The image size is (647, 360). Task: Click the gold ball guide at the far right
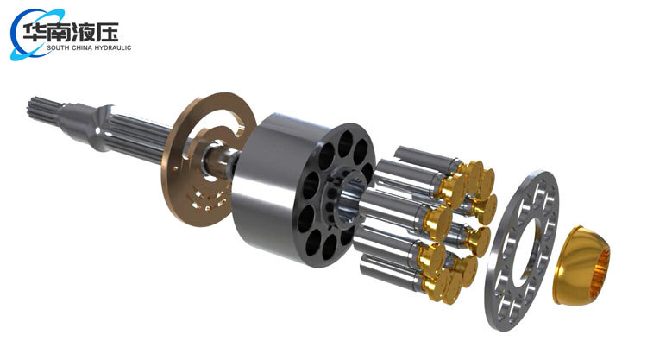tap(581, 265)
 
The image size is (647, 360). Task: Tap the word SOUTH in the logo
tap(57, 47)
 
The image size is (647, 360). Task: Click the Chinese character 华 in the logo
tap(34, 32)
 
